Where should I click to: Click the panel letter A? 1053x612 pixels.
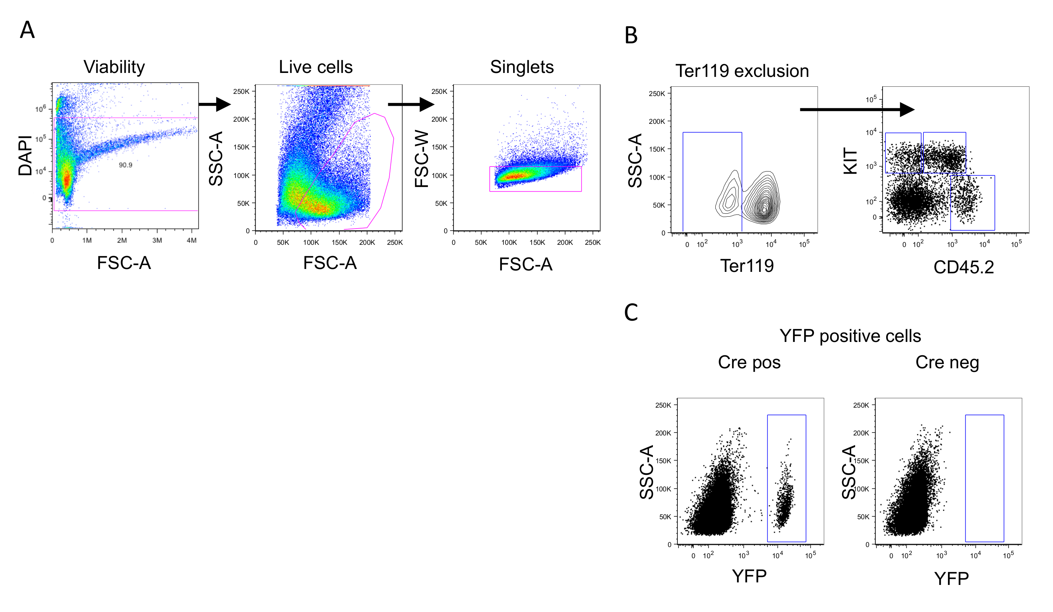[x=27, y=30]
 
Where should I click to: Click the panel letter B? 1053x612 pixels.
[x=631, y=35]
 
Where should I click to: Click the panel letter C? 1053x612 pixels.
[x=631, y=312]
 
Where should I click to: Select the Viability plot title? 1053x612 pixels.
[x=114, y=67]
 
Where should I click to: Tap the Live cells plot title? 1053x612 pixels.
[x=316, y=67]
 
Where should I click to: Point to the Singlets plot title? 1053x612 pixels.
[x=522, y=67]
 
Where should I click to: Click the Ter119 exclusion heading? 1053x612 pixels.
[x=742, y=71]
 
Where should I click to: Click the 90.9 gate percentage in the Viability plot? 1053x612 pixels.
[x=125, y=165]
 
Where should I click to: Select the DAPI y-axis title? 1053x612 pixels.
[x=25, y=155]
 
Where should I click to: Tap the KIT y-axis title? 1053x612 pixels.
[x=850, y=161]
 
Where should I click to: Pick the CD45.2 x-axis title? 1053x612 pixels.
[x=963, y=267]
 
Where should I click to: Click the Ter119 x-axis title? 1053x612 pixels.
[x=747, y=266]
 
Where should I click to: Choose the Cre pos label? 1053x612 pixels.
[x=749, y=362]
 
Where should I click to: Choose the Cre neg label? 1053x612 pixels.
[x=947, y=362]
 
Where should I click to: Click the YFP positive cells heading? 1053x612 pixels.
[x=850, y=336]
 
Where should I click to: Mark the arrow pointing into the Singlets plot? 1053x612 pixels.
[x=411, y=104]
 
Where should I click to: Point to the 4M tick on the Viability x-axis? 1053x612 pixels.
[x=191, y=240]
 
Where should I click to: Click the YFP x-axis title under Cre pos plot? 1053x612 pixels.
[x=749, y=576]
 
